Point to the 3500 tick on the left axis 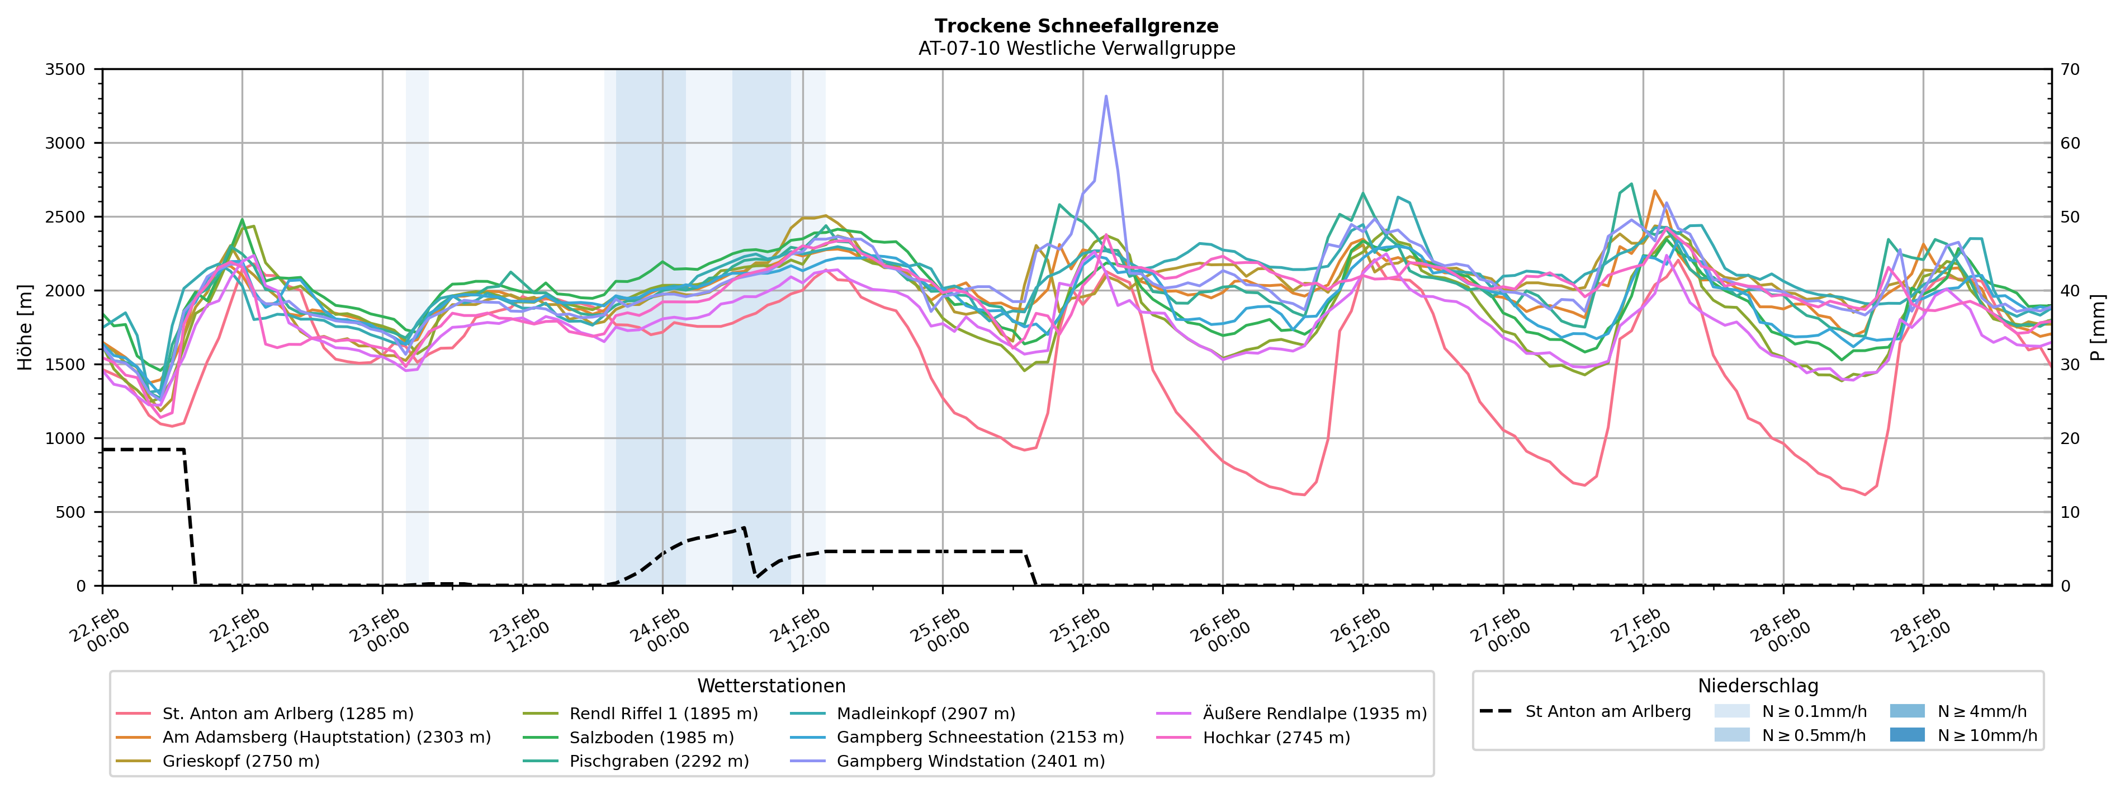[x=65, y=69]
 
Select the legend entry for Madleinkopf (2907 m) [x=926, y=713]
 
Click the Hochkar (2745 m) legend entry [x=1276, y=737]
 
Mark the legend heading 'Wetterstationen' [x=772, y=686]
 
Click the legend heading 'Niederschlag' [x=1757, y=686]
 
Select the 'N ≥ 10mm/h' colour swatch [x=1906, y=734]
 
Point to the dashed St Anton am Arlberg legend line [x=1495, y=711]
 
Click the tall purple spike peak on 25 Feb [x=1105, y=97]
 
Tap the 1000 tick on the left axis [x=65, y=438]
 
